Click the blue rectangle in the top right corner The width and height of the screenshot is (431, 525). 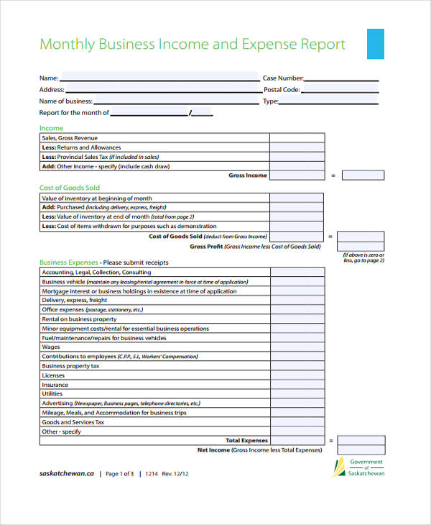[x=375, y=44]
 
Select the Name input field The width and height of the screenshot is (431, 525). [x=159, y=77]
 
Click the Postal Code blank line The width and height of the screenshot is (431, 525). [x=340, y=90]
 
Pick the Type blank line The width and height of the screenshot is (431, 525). [x=328, y=101]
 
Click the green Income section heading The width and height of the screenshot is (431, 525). [x=51, y=128]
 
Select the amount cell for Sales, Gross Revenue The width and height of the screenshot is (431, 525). [x=297, y=138]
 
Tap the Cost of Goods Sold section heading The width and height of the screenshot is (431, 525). [x=69, y=188]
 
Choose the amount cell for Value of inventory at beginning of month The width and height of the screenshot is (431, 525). [x=297, y=198]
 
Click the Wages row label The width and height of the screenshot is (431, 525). [x=51, y=347]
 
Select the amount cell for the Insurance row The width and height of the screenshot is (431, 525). [x=297, y=385]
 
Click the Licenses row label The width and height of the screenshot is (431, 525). [x=53, y=375]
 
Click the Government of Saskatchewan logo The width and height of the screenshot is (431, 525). [x=359, y=467]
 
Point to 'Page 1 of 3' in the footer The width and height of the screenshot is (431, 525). [x=120, y=474]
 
